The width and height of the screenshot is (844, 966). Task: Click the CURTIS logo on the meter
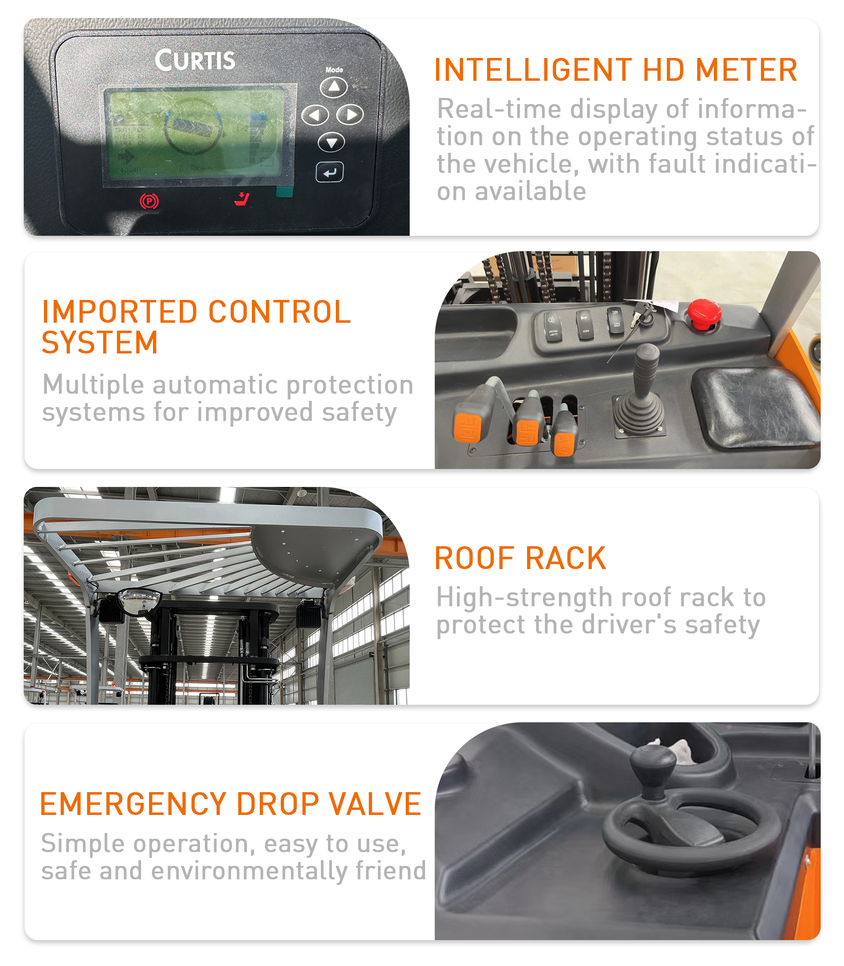pos(195,60)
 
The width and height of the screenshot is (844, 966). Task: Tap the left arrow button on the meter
pos(315,115)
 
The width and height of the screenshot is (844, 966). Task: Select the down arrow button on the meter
pos(331,142)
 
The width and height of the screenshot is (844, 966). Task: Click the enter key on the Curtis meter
pos(330,172)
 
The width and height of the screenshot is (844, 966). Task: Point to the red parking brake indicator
pos(149,202)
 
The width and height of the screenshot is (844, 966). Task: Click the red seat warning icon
pos(242,199)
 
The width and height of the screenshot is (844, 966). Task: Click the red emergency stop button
pos(704,313)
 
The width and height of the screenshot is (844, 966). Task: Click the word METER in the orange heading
pos(746,70)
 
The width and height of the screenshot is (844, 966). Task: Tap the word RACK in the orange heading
pos(565,559)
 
